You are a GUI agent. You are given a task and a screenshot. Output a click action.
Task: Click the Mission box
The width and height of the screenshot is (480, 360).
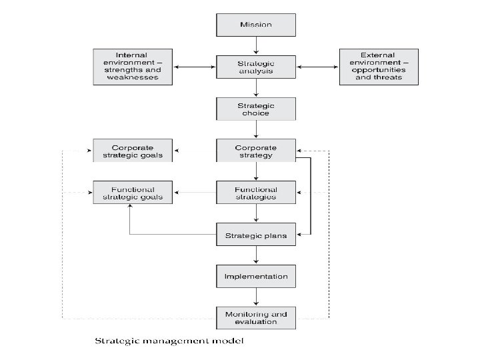tap(256, 25)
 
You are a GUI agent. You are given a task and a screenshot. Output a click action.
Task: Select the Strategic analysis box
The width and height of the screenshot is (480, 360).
tap(256, 67)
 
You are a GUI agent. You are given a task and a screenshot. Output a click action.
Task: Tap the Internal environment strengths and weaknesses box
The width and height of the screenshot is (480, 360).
tap(132, 67)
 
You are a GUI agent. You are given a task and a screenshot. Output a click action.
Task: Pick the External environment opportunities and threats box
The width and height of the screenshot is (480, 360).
tap(379, 67)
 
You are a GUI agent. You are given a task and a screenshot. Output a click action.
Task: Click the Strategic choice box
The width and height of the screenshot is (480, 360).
tap(256, 109)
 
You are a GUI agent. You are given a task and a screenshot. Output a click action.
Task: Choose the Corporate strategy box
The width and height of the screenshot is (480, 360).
tap(256, 151)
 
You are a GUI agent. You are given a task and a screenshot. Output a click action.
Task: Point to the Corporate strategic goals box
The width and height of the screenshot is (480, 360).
tap(132, 151)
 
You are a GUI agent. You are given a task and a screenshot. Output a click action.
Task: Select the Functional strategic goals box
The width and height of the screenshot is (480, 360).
tap(132, 193)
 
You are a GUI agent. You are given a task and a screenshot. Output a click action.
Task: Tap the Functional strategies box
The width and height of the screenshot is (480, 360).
tap(256, 193)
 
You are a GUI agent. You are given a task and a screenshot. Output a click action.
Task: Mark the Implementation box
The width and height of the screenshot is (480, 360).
tap(256, 276)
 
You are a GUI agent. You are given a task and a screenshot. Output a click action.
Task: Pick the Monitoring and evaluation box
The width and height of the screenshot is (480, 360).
tap(256, 318)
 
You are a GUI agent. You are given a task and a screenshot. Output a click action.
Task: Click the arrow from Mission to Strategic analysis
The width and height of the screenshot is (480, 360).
tap(256, 45)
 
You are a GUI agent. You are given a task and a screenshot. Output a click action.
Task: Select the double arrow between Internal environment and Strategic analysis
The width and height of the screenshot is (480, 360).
tap(194, 67)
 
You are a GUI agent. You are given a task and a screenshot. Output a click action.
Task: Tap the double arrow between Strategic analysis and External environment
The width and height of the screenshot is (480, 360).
tap(317, 67)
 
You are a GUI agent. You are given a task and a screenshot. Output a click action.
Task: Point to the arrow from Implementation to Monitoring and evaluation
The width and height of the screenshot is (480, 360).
tap(256, 297)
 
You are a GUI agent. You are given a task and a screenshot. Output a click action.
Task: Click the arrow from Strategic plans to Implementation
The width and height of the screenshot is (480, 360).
tap(256, 255)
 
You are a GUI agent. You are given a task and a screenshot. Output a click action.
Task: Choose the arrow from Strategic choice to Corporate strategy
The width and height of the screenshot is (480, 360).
tap(256, 130)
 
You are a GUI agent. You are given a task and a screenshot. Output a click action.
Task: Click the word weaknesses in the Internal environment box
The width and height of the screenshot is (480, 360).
tap(132, 77)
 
